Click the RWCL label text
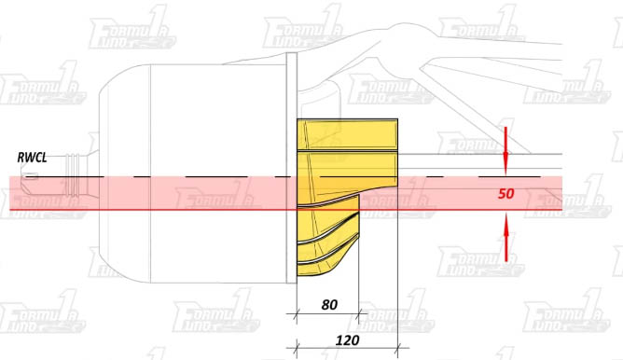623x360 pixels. [33, 158]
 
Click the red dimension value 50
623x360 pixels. [505, 193]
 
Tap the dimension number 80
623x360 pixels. [329, 305]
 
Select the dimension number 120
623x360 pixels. [348, 340]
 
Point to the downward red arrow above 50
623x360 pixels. [505, 151]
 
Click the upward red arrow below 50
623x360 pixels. [505, 237]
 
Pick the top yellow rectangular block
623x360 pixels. [347, 134]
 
